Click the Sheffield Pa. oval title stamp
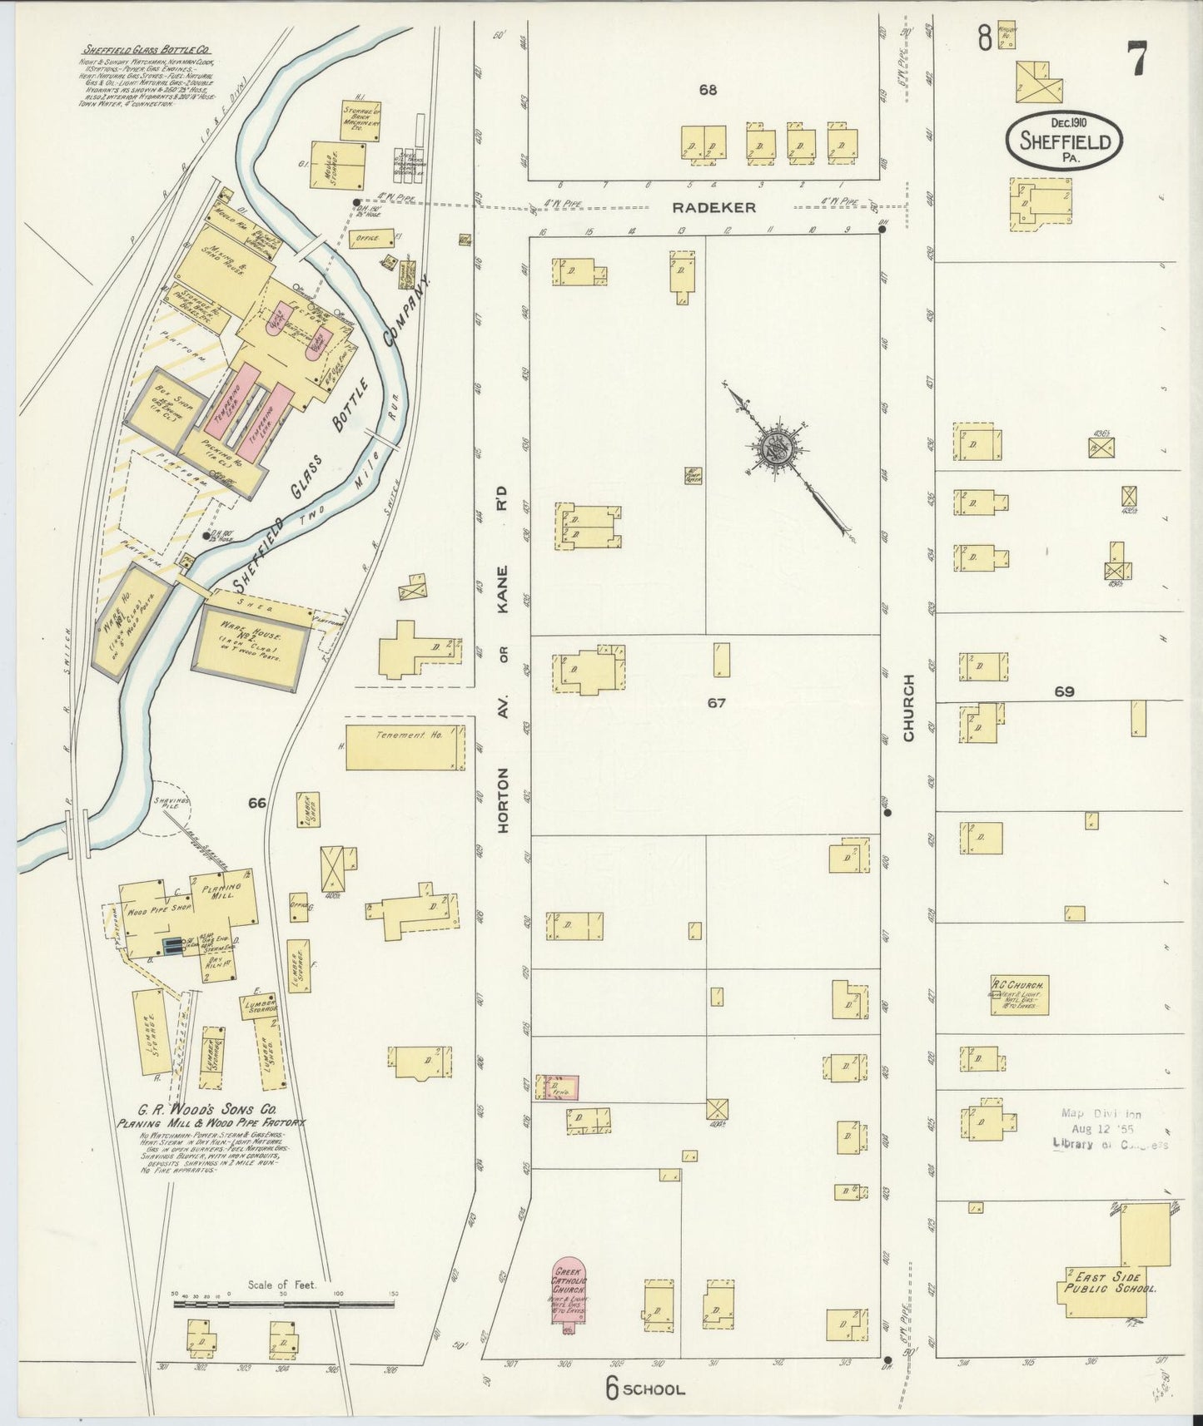tap(1064, 141)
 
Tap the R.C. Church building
tap(1018, 994)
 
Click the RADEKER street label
tap(714, 208)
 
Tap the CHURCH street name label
tap(908, 707)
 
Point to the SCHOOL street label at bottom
tap(654, 1389)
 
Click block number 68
tap(708, 90)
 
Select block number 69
tap(1064, 691)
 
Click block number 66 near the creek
tap(256, 803)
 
